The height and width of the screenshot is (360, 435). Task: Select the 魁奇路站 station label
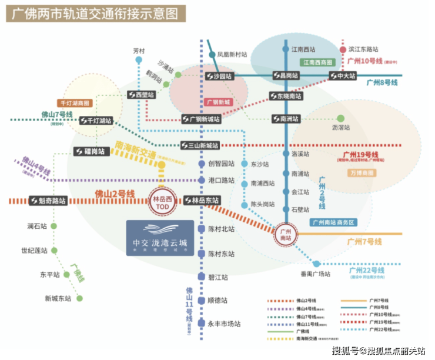48,201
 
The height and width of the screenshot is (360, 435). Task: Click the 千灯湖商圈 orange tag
73,103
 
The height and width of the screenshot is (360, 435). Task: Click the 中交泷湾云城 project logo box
160,238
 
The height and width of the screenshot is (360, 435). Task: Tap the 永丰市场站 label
225,324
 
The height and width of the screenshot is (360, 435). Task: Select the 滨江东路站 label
363,50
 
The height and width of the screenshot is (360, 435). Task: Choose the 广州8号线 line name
382,83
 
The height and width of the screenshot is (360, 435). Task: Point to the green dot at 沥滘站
340,118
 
